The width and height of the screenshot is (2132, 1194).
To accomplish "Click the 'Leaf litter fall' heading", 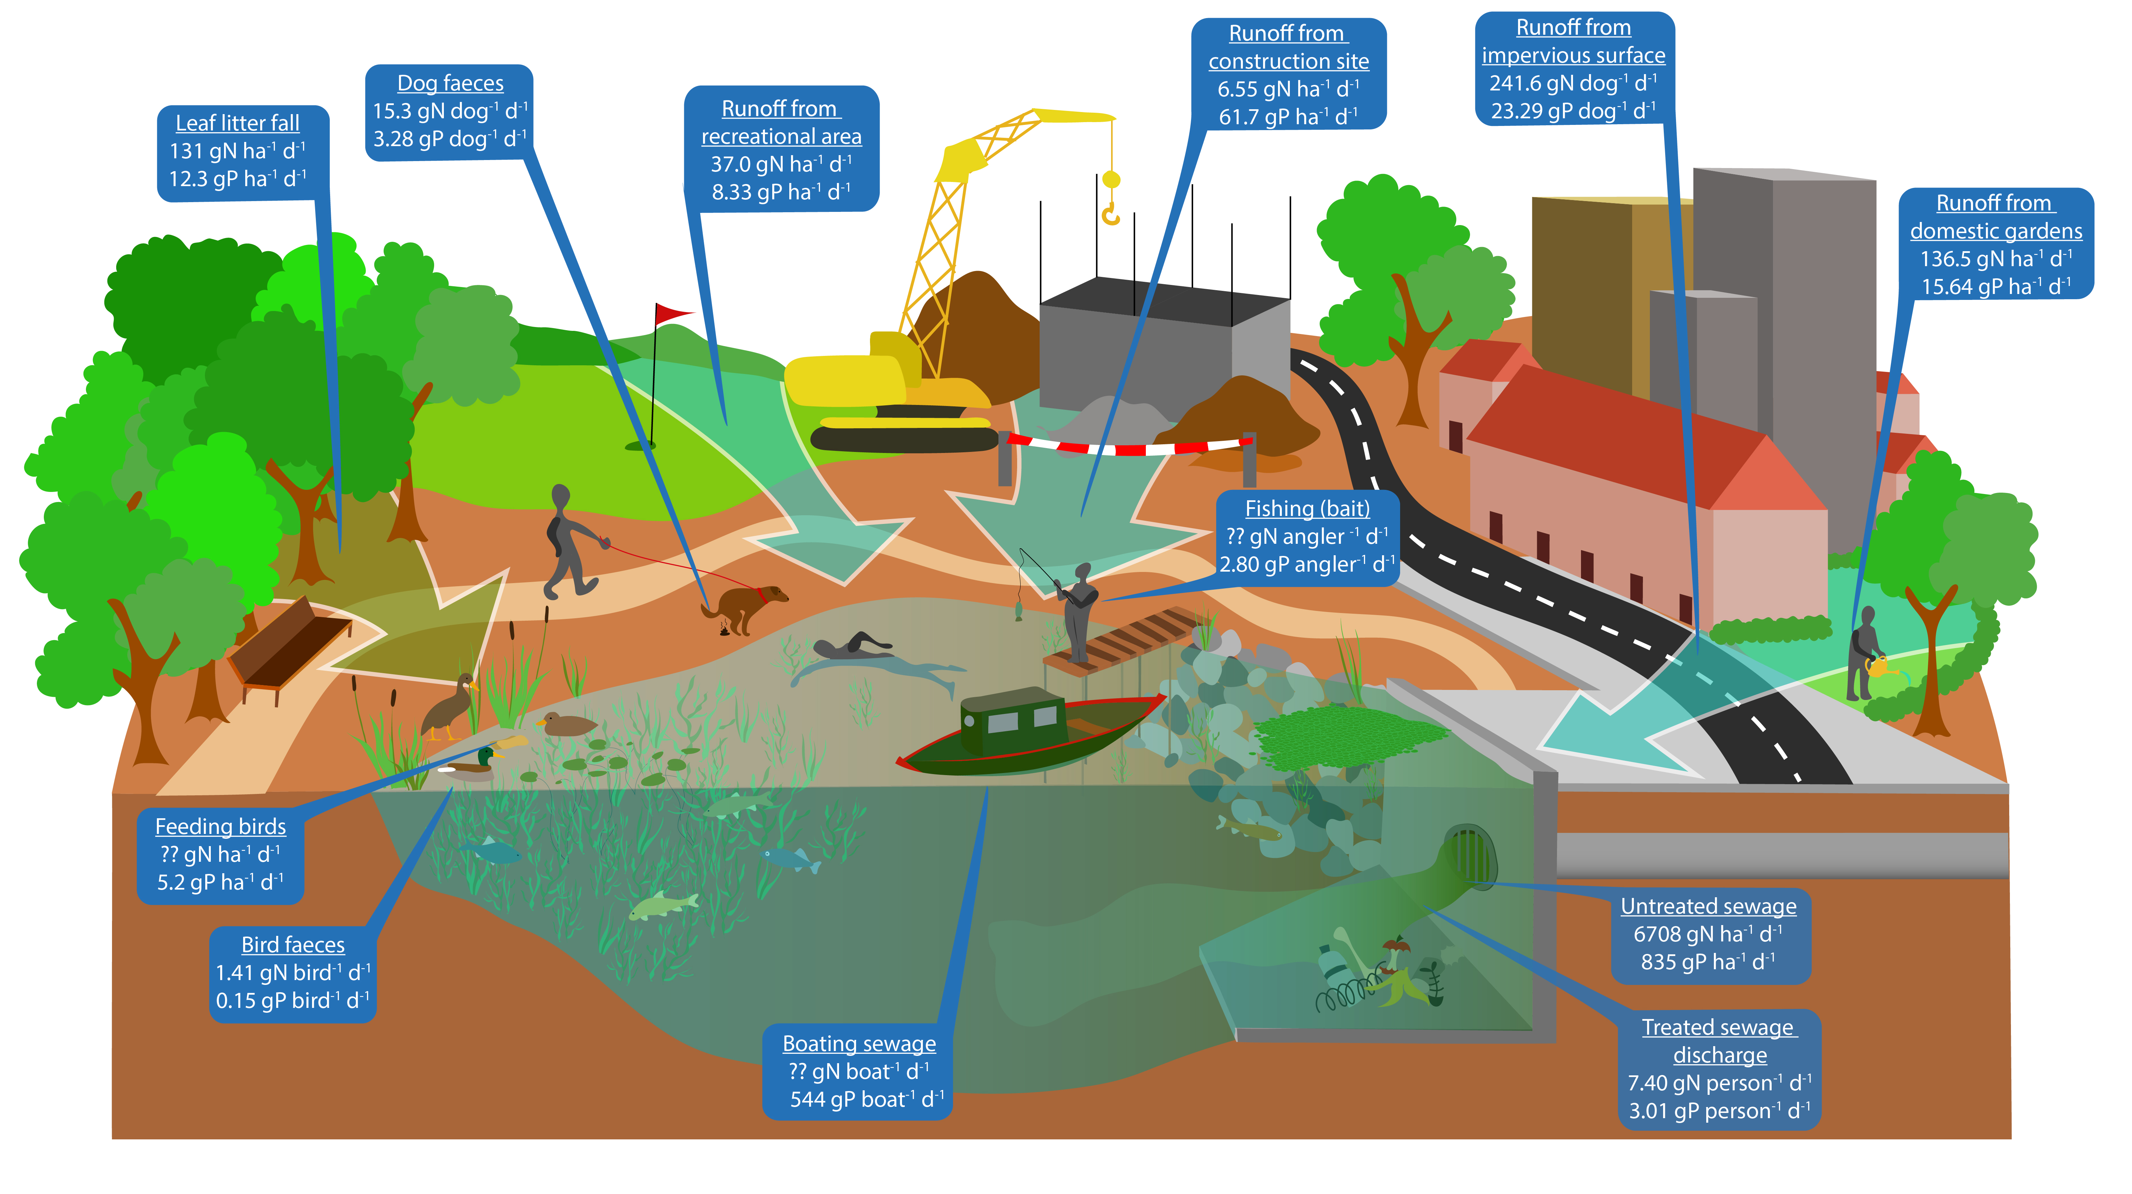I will [x=238, y=124].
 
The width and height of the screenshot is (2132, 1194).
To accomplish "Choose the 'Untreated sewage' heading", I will [x=1708, y=907].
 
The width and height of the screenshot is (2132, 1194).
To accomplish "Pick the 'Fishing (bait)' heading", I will [x=1308, y=508].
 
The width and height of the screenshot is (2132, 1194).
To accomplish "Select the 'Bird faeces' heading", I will [x=293, y=945].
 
